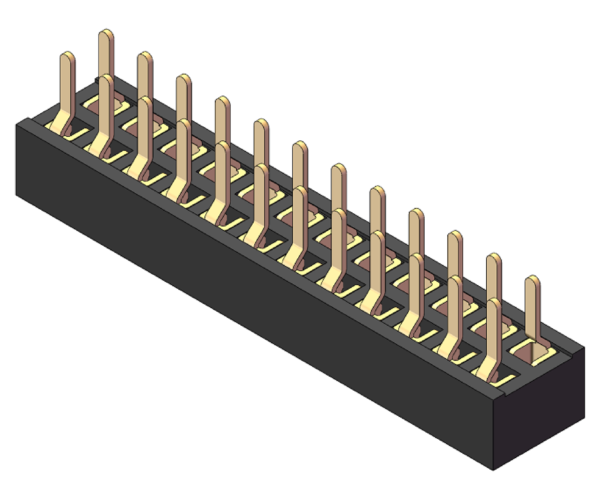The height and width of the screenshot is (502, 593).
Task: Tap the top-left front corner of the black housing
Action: [17, 124]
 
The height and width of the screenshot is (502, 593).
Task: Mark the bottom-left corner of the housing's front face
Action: [16, 195]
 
